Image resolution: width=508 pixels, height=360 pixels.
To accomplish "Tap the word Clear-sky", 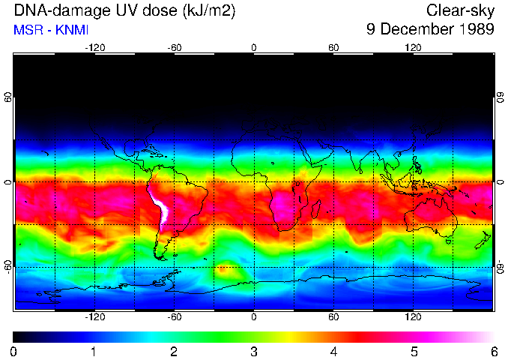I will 460,11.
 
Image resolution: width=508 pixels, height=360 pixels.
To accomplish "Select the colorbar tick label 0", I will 13,351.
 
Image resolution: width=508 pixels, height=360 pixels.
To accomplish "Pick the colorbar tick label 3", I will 253,351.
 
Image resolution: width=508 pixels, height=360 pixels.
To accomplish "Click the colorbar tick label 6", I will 494,351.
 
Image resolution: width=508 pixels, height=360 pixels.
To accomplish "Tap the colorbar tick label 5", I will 414,351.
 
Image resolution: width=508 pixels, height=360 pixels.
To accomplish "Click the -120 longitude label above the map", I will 94,48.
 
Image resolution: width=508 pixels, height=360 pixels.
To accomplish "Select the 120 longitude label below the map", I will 413,317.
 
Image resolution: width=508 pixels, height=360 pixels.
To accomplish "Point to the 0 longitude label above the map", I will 253,48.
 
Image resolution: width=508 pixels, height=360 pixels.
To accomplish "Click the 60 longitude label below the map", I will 333,317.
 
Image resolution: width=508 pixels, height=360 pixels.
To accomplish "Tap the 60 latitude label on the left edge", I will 7,98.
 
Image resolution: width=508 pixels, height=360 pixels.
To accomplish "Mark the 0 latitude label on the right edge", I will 500,182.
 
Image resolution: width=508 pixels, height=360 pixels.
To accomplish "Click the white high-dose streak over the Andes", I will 160,209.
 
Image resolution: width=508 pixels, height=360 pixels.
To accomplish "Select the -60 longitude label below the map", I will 174,317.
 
